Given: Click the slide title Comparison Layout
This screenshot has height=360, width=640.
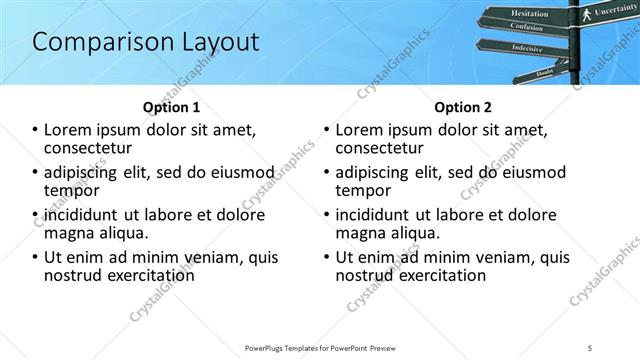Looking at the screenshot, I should click(146, 42).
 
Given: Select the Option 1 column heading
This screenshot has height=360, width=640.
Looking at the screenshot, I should click(171, 107).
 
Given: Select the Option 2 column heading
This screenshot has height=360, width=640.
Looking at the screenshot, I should click(462, 107).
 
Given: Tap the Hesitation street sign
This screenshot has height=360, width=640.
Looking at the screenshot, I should click(529, 14).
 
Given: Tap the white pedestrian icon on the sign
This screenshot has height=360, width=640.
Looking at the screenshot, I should click(586, 14).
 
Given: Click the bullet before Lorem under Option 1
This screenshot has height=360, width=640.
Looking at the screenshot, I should click(35, 130).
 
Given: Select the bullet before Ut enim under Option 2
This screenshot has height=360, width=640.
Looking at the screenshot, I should click(327, 257).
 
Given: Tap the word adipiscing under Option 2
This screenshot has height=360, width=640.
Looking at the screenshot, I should click(377, 171).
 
